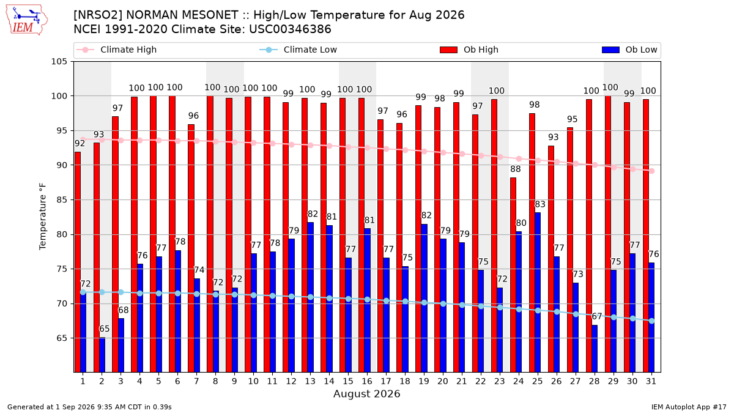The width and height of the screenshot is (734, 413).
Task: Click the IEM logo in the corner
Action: tap(27, 20)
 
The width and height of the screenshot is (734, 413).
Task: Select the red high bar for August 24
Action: tap(513, 275)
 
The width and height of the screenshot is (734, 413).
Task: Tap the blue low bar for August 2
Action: tap(102, 355)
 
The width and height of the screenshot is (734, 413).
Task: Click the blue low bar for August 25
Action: tap(538, 292)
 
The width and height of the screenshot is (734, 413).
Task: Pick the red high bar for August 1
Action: tap(78, 262)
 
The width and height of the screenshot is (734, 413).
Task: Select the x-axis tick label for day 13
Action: tap(310, 382)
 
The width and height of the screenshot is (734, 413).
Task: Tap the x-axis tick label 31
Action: tap(651, 382)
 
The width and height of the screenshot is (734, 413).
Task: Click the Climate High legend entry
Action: tap(116, 50)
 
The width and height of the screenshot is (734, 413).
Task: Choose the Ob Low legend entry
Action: tap(629, 50)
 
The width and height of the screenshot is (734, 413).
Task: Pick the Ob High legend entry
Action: tap(469, 50)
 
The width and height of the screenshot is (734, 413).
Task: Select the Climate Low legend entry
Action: tap(298, 50)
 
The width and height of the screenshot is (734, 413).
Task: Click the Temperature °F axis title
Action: tap(43, 217)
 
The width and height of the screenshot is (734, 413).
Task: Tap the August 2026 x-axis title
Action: tap(366, 393)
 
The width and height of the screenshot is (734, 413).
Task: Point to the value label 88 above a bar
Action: tap(516, 169)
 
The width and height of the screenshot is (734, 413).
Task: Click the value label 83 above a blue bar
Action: tap(540, 204)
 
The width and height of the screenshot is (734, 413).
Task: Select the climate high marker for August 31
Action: tap(652, 171)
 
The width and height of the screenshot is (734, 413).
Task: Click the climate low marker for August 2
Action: tap(102, 292)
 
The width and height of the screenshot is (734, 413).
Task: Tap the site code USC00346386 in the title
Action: tap(290, 29)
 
